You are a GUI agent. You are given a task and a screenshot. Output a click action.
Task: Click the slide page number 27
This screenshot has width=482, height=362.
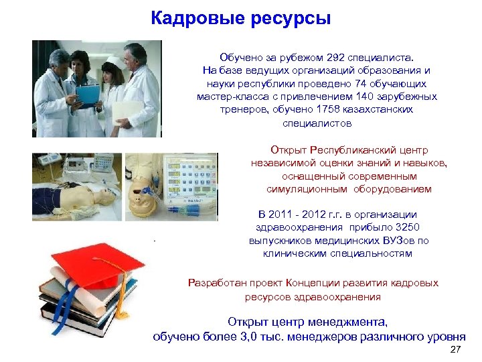[456, 351]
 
